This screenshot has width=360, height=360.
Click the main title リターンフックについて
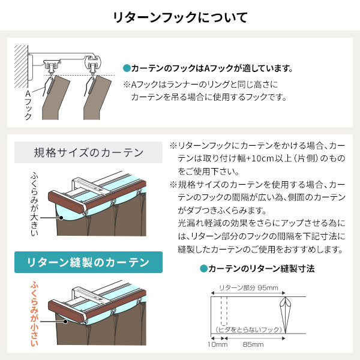180,17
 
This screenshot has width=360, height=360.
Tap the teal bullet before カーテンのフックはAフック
127,68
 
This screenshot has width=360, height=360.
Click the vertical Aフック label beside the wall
28,105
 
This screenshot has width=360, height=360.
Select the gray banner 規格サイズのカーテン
88,152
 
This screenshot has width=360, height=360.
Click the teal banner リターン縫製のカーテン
88,262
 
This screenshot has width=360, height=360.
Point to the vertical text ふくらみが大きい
34,204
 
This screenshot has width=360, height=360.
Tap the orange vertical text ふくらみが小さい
34,314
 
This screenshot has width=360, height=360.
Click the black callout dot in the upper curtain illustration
61,218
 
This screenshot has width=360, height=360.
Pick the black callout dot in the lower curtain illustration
65,322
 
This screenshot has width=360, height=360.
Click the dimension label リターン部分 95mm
248,287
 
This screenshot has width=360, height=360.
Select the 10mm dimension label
217,344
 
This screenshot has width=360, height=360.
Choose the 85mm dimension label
253,344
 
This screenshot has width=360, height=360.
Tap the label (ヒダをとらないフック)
248,329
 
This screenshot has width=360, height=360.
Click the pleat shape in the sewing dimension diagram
286,315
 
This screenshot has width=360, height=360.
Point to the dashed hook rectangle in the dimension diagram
224,311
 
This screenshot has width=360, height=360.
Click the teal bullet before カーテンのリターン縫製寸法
203,268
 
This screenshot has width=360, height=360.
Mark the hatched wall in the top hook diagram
21,67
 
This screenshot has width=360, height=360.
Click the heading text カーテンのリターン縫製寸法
261,268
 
